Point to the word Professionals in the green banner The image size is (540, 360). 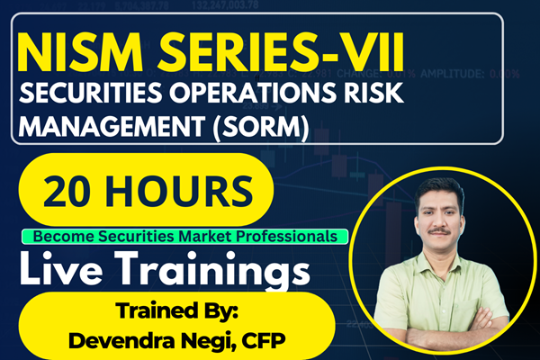click(x=293, y=236)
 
